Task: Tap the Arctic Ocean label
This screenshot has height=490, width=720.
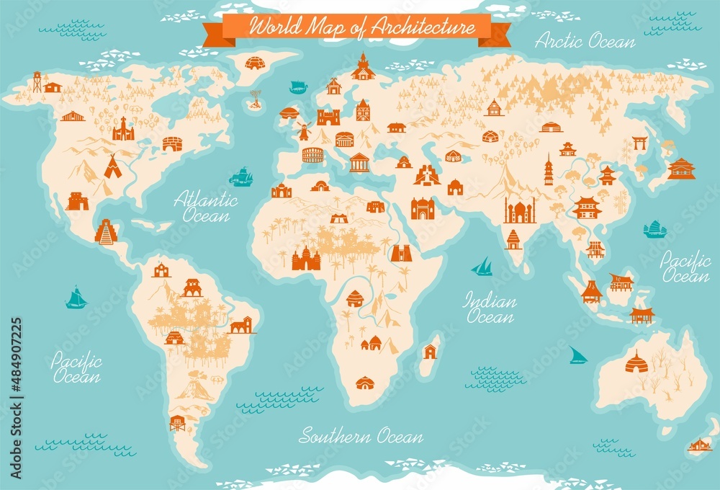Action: click(x=585, y=40)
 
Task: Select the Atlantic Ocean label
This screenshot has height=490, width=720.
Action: click(x=205, y=205)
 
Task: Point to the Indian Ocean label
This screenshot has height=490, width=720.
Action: click(x=490, y=307)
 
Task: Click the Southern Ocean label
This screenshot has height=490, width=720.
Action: click(x=361, y=435)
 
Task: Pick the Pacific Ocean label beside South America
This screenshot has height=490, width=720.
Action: click(x=76, y=368)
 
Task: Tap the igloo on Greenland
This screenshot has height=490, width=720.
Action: click(x=255, y=63)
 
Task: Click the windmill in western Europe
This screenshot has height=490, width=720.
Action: click(x=303, y=131)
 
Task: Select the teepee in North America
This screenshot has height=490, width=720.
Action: click(x=112, y=167)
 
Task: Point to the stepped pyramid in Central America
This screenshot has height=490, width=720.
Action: click(x=106, y=232)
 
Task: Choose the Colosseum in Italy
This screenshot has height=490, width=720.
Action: click(x=312, y=155)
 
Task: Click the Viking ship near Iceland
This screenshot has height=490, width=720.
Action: click(x=297, y=87)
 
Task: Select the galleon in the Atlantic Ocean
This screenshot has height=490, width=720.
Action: click(x=241, y=177)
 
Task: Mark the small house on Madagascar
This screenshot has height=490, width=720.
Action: click(x=430, y=352)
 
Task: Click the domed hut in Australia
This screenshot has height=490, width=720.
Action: click(x=636, y=362)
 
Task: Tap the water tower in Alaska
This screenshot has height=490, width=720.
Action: click(x=36, y=81)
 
